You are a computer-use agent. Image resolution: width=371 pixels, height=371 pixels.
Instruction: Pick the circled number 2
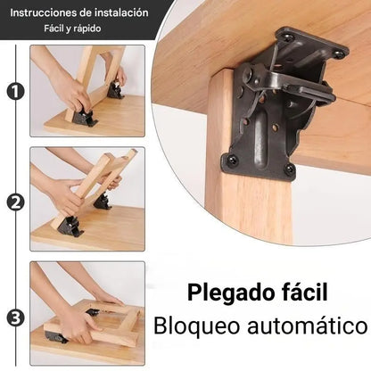14,202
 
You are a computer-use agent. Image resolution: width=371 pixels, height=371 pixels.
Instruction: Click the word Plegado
221,293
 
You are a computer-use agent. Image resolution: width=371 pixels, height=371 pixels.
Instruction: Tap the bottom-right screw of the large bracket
288,169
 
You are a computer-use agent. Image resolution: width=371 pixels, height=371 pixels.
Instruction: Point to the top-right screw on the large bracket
339,54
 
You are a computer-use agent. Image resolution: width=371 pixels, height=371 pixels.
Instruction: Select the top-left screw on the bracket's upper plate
288,37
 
